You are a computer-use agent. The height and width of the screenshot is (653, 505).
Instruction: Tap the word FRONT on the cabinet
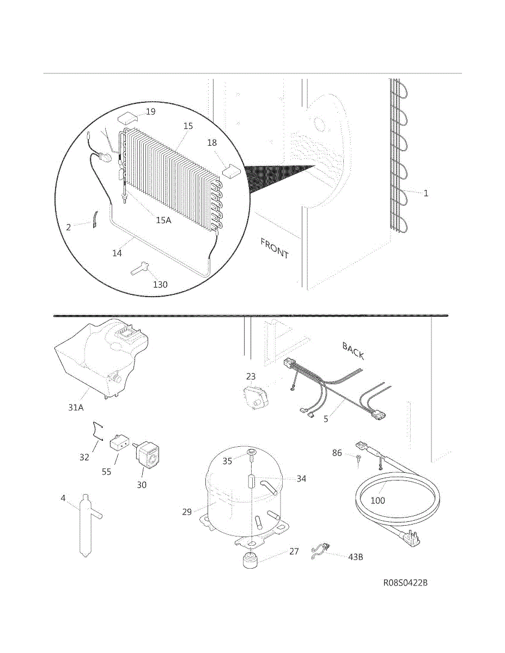click(x=275, y=248)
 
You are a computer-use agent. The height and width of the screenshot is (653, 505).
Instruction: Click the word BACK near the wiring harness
click(x=353, y=350)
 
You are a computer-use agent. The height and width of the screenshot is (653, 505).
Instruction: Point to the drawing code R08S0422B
click(x=405, y=583)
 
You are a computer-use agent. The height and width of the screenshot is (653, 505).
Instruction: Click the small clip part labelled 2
click(x=94, y=219)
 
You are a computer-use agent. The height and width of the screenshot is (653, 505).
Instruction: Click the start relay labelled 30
click(x=148, y=455)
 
